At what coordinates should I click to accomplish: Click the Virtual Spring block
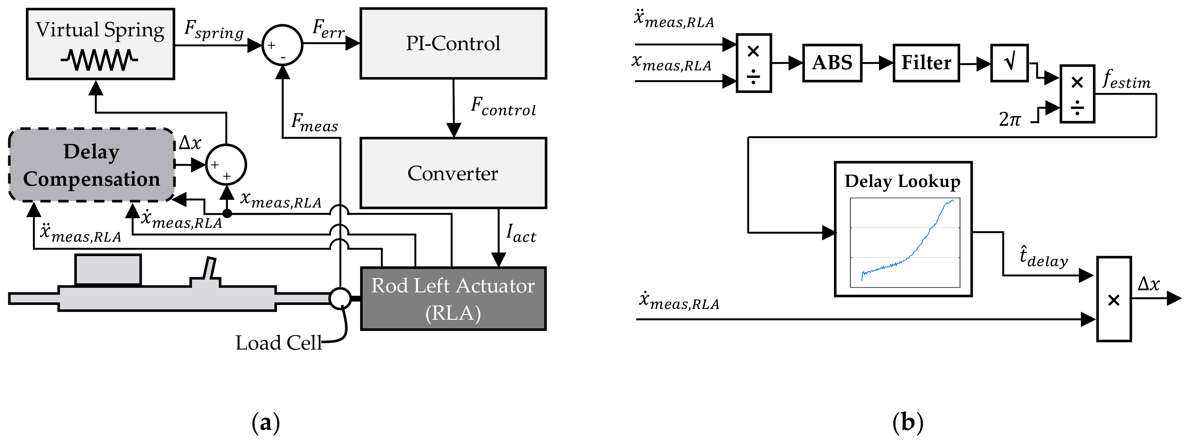[100, 44]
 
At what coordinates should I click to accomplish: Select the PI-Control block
[453, 43]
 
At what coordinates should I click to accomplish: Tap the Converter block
[453, 173]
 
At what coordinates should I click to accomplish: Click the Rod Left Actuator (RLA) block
[453, 299]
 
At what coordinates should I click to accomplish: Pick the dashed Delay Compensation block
[92, 165]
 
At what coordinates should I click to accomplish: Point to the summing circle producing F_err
[283, 45]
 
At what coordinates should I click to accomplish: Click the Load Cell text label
[278, 343]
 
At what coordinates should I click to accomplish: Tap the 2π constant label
[1010, 119]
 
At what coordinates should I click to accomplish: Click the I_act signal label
[521, 233]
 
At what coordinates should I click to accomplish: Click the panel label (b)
[908, 422]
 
